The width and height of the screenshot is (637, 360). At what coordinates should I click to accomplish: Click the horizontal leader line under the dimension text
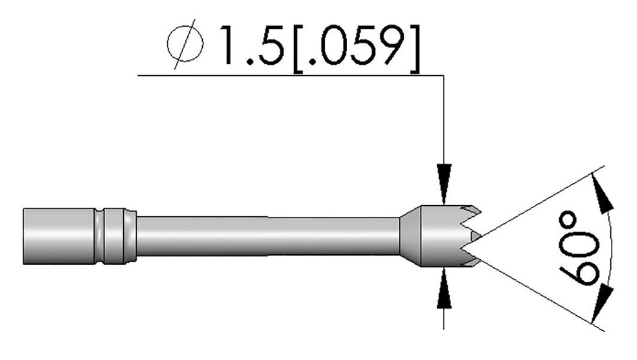289,76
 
